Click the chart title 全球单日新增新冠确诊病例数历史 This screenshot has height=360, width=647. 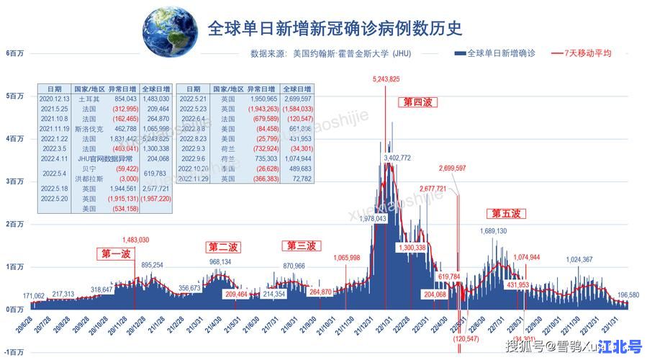[334, 29]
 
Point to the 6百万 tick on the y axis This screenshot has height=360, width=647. [14, 53]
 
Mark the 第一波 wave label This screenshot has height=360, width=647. [116, 253]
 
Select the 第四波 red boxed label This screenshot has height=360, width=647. [417, 103]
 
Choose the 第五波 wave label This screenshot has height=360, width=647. [506, 214]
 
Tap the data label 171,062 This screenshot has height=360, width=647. [34, 296]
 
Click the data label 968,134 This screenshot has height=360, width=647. [220, 262]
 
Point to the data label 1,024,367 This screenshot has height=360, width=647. [579, 259]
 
